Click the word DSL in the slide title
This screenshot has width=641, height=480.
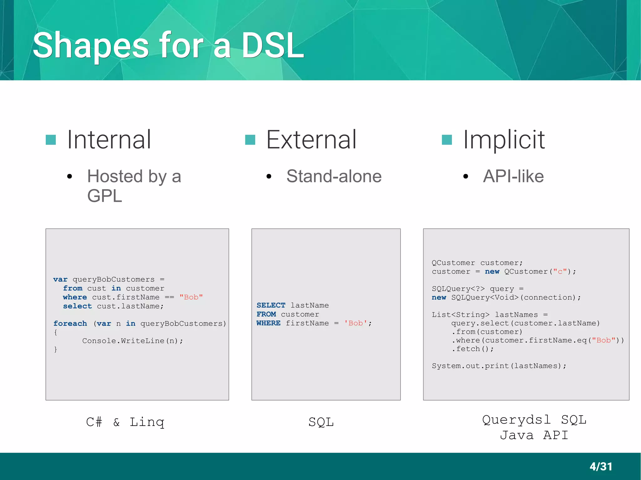(x=272, y=46)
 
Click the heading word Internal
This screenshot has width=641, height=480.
(x=109, y=140)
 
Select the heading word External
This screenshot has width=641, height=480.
(x=311, y=140)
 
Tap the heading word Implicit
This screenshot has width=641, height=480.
(x=504, y=140)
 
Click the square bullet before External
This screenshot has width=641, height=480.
(x=250, y=140)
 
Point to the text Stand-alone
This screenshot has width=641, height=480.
(x=334, y=176)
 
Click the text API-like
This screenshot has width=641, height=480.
(x=513, y=176)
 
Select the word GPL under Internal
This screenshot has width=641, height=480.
(x=105, y=196)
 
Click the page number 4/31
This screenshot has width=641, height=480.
(x=601, y=467)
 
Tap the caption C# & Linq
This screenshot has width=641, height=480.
(x=125, y=422)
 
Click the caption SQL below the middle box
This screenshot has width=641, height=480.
(x=321, y=422)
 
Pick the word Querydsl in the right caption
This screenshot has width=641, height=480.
(x=516, y=420)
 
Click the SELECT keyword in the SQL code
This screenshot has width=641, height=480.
(x=271, y=305)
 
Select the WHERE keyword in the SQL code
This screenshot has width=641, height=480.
(x=268, y=323)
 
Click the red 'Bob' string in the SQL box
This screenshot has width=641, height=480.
(x=356, y=323)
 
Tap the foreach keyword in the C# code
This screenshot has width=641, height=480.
(x=70, y=323)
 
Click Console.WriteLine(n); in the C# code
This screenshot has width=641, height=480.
(x=132, y=341)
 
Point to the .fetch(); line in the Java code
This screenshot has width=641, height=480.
(x=473, y=349)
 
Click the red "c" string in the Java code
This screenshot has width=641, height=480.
(x=560, y=271)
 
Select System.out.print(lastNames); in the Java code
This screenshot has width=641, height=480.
(x=499, y=366)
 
